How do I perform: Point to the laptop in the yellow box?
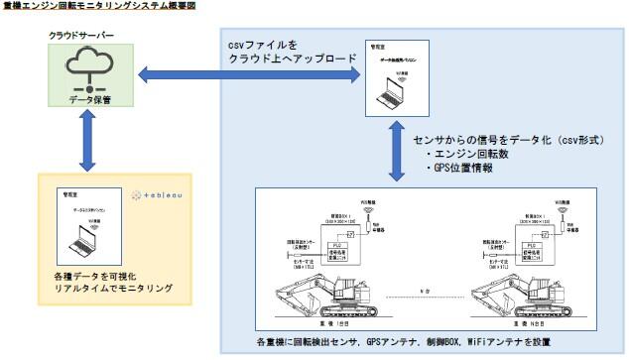click(83, 236)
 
